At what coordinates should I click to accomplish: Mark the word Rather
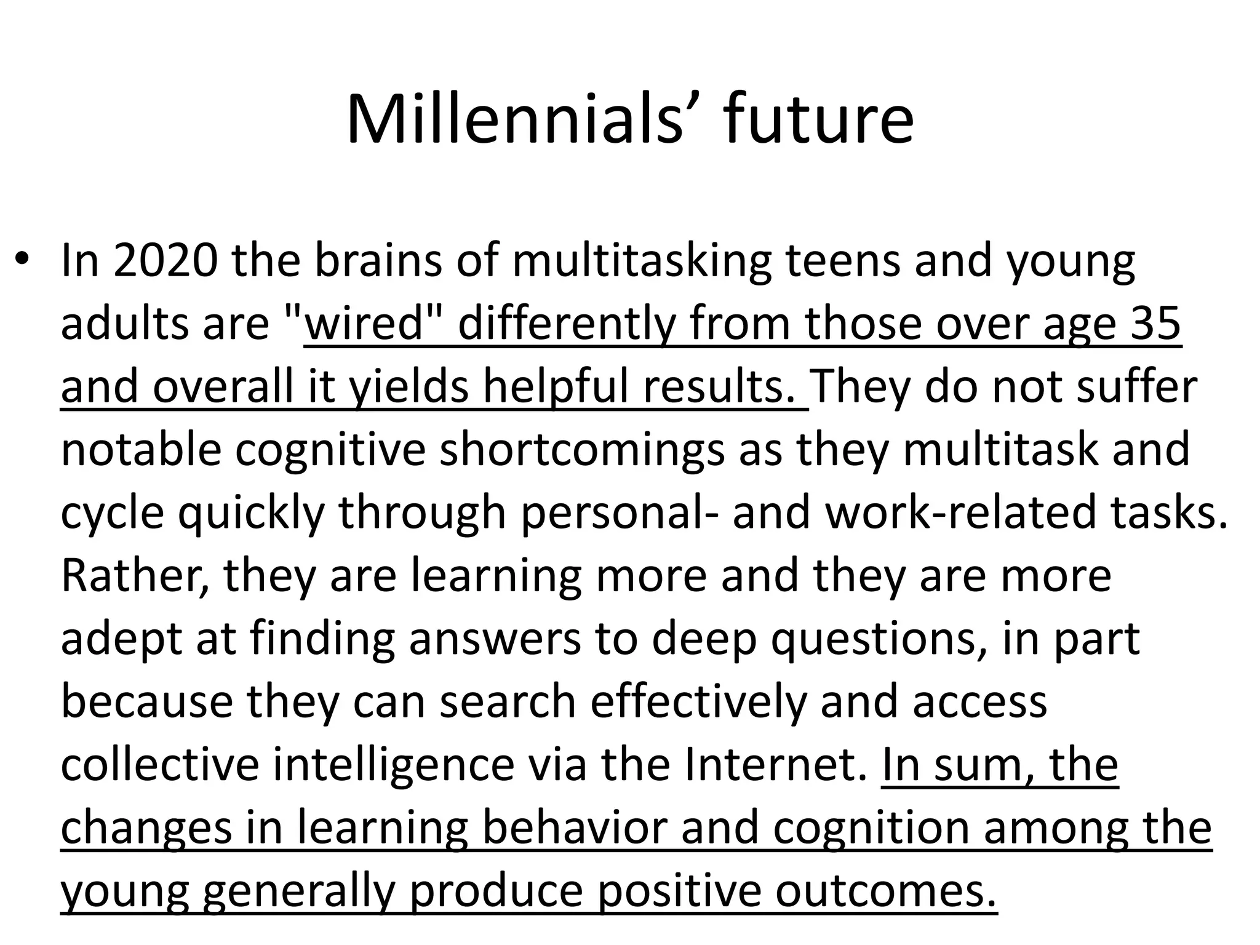point(134,576)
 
